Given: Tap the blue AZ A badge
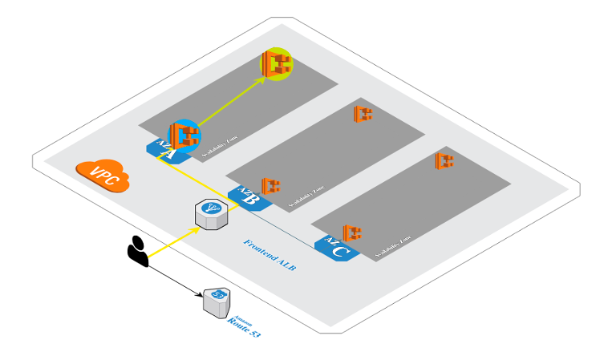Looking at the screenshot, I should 162,147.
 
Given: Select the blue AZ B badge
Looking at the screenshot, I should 245,196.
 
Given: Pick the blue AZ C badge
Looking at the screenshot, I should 336,249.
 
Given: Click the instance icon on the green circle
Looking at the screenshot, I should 277,64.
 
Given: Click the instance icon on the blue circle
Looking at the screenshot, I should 184,136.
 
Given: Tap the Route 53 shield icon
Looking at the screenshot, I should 216,302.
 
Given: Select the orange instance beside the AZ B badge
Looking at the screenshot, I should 270,187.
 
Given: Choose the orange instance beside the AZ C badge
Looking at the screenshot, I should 351,233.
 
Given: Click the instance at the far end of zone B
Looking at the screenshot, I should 363,114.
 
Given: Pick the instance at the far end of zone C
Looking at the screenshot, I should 444,160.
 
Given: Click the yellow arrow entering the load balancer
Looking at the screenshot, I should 173,244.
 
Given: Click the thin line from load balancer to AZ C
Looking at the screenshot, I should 281,227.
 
